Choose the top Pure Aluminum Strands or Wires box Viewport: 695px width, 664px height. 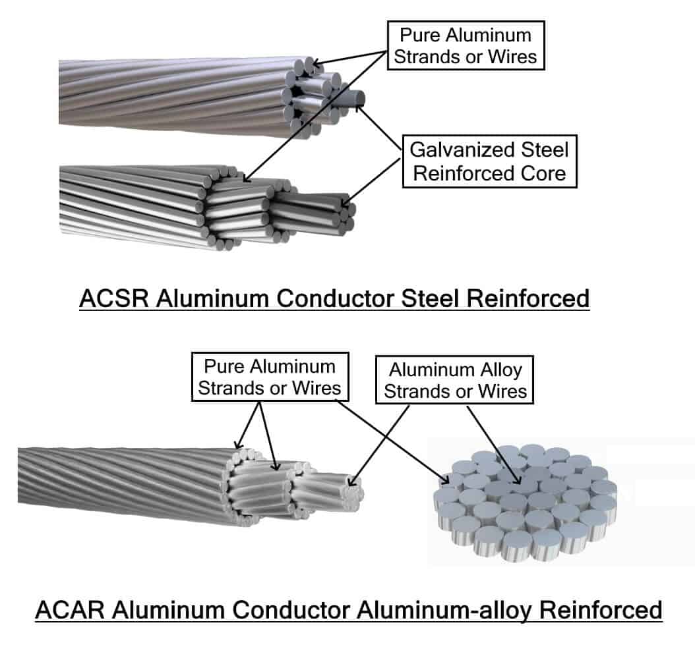pyautogui.click(x=466, y=45)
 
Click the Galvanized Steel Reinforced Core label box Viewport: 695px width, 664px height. pyautogui.click(x=489, y=161)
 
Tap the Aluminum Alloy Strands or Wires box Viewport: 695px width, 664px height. pyautogui.click(x=456, y=380)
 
